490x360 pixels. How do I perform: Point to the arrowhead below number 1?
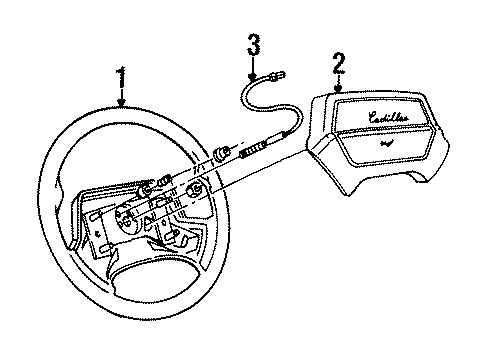(x=122, y=104)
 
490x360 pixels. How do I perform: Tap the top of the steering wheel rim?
(x=130, y=112)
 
